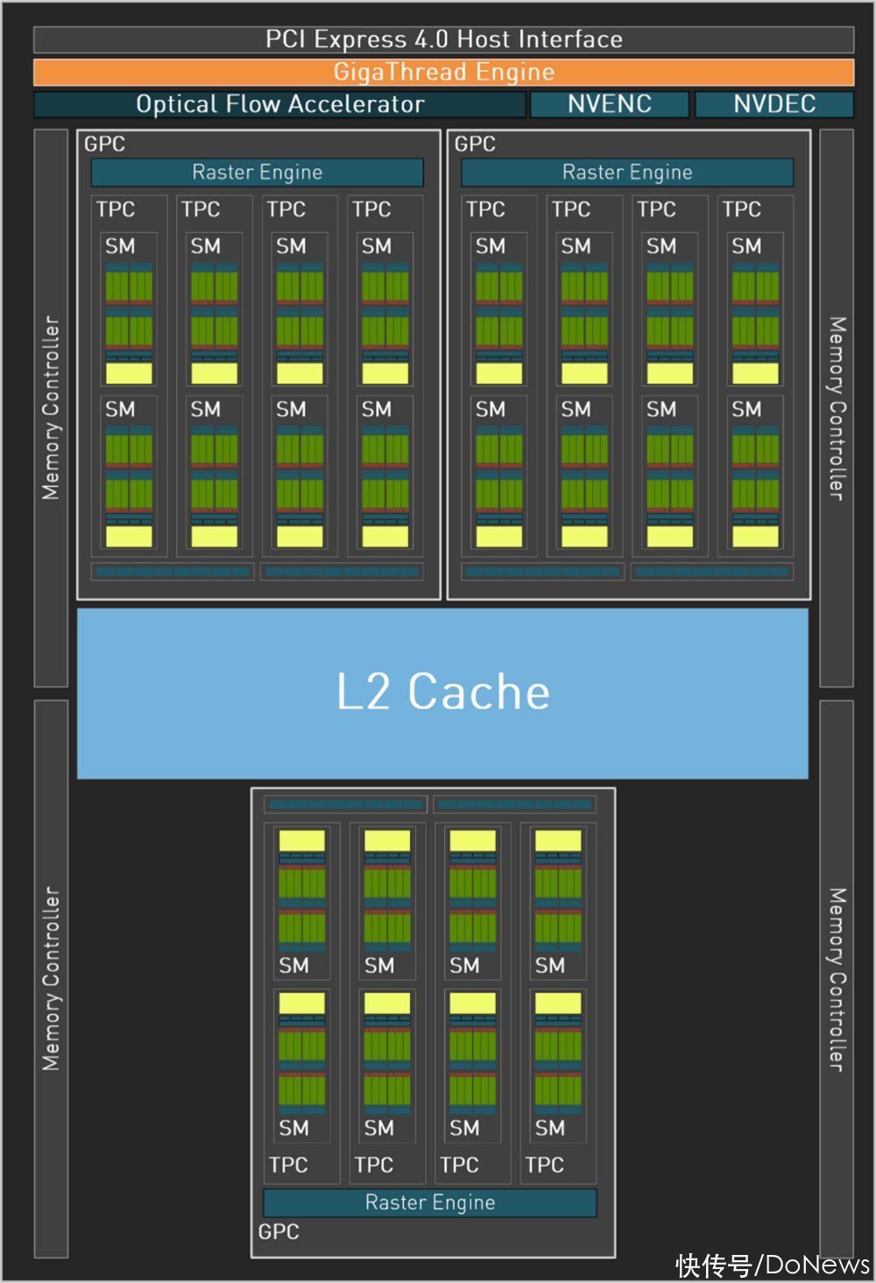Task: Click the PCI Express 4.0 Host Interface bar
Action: point(443,39)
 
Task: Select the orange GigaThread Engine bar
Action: point(443,72)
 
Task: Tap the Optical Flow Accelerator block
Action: point(279,104)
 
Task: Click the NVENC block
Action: point(609,104)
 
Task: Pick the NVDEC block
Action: point(774,104)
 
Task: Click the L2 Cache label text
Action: point(443,692)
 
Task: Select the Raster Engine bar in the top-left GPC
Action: point(258,173)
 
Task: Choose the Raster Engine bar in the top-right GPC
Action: point(627,173)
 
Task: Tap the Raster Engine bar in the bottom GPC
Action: point(430,1202)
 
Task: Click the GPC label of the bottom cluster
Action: point(279,1231)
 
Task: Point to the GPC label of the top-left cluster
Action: point(104,144)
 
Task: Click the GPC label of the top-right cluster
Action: point(475,144)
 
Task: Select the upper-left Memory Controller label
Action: point(51,407)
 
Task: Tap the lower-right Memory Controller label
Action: point(837,979)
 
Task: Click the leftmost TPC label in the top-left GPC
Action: point(115,209)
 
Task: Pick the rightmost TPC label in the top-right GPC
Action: point(741,209)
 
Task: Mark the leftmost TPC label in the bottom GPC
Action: point(288,1165)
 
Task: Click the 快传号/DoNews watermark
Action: point(773,1265)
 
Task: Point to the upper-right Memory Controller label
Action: point(837,408)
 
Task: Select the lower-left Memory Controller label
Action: point(51,979)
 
